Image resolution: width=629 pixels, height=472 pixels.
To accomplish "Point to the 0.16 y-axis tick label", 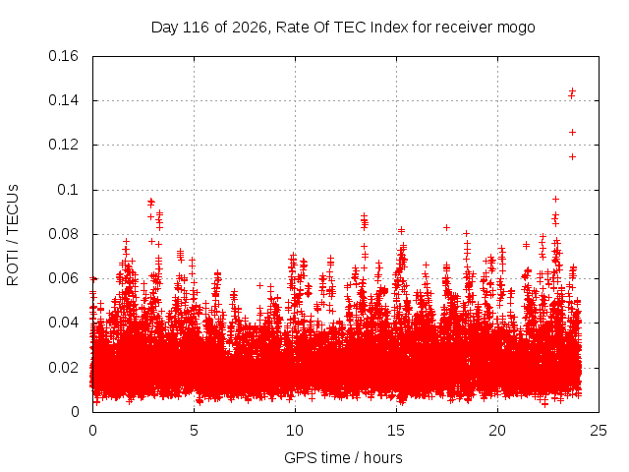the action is tap(63, 56).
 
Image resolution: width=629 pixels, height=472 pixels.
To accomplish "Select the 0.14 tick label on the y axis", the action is tap(63, 100).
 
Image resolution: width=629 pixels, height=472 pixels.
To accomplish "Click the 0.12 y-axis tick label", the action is tap(63, 145).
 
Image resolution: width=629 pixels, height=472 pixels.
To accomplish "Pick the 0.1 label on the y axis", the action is tap(68, 190).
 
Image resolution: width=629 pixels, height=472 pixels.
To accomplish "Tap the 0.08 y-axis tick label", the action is tap(63, 234).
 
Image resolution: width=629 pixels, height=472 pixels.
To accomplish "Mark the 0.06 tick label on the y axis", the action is tap(63, 278).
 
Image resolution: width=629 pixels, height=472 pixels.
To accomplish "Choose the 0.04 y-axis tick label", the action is tap(63, 323).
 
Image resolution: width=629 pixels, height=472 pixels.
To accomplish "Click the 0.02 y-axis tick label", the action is tap(63, 368).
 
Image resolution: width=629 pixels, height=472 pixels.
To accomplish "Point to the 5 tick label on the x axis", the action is tap(195, 431).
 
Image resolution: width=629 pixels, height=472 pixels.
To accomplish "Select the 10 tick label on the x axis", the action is tap(295, 431).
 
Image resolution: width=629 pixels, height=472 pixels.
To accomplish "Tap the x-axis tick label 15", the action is tap(396, 431).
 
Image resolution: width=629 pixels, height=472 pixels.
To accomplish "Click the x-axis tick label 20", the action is tap(497, 431).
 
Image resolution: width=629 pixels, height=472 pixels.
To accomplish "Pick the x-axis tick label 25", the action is tap(599, 431).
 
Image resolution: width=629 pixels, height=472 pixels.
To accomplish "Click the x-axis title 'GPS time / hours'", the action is tap(343, 458).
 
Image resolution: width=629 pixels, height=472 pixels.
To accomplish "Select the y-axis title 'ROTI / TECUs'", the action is tap(13, 235).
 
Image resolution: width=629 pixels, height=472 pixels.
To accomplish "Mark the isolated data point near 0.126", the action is tap(572, 133).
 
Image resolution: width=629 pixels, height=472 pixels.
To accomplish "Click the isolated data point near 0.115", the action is tap(572, 157).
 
